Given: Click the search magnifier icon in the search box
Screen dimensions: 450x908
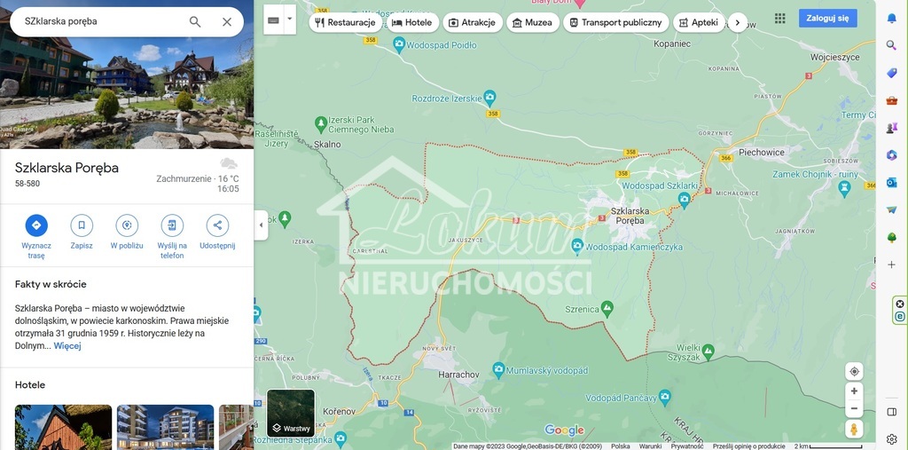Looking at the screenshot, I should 195,21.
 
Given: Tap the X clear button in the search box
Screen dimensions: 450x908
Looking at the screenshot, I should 227,21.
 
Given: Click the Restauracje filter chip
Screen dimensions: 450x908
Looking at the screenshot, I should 346,22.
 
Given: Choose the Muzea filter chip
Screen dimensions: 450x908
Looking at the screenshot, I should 532,22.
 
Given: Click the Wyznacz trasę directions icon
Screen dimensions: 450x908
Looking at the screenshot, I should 36,225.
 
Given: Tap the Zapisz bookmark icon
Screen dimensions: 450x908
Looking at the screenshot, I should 82,225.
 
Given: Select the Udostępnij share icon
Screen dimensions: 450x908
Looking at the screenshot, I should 217,225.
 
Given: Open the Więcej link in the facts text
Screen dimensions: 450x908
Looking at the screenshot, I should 67,345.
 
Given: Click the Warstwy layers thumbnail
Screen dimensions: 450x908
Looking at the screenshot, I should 291,414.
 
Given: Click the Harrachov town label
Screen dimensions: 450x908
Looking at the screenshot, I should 459,375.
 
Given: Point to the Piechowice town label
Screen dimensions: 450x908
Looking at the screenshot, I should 762,152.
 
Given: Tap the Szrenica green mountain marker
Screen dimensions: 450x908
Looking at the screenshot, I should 607,307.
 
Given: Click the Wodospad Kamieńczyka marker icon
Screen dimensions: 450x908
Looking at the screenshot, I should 577,245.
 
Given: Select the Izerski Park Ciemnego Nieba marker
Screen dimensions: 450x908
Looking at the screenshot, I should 321,122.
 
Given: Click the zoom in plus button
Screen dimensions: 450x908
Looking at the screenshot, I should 854,391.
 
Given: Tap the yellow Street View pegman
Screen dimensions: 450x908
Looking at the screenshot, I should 854,429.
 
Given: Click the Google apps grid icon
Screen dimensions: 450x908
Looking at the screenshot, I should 779,18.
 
